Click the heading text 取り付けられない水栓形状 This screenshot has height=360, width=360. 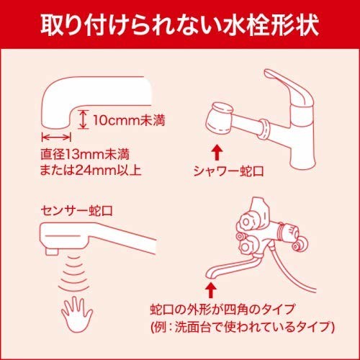pos(180,24)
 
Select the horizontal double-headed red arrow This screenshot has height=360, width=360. pos(55,135)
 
